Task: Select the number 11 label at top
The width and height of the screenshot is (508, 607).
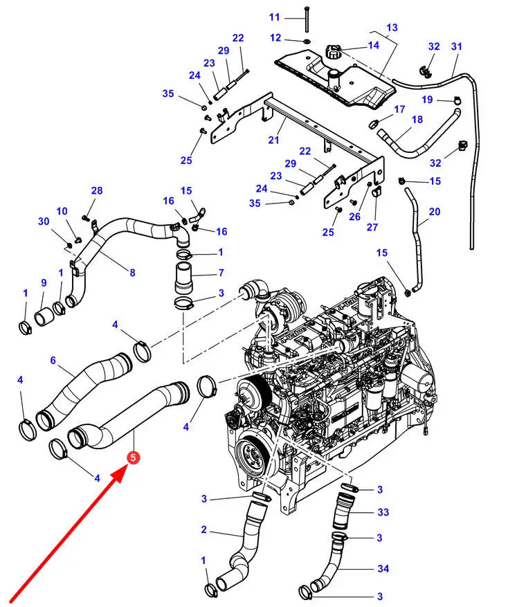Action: pyautogui.click(x=275, y=17)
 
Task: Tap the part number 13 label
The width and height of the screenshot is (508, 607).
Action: pyautogui.click(x=392, y=28)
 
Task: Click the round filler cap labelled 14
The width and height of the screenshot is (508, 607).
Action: pyautogui.click(x=333, y=51)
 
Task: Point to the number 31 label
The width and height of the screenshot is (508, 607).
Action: pyautogui.click(x=456, y=46)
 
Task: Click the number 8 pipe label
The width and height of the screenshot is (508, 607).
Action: pyautogui.click(x=131, y=273)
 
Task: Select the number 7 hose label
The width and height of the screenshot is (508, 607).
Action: pyautogui.click(x=221, y=273)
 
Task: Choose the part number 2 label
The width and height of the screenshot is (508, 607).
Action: pyautogui.click(x=204, y=530)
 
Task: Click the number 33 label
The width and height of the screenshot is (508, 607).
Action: pyautogui.click(x=383, y=512)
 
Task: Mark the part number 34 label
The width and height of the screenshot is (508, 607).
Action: pyautogui.click(x=383, y=569)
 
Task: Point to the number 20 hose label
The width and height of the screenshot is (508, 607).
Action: pyautogui.click(x=434, y=211)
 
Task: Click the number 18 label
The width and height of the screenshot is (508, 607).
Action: pyautogui.click(x=417, y=119)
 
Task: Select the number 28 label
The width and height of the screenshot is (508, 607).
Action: pyautogui.click(x=96, y=190)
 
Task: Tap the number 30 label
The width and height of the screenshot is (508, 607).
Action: pyautogui.click(x=44, y=221)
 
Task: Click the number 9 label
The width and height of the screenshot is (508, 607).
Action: pyautogui.click(x=44, y=282)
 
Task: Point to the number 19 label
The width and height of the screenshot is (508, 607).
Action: pyautogui.click(x=427, y=100)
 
